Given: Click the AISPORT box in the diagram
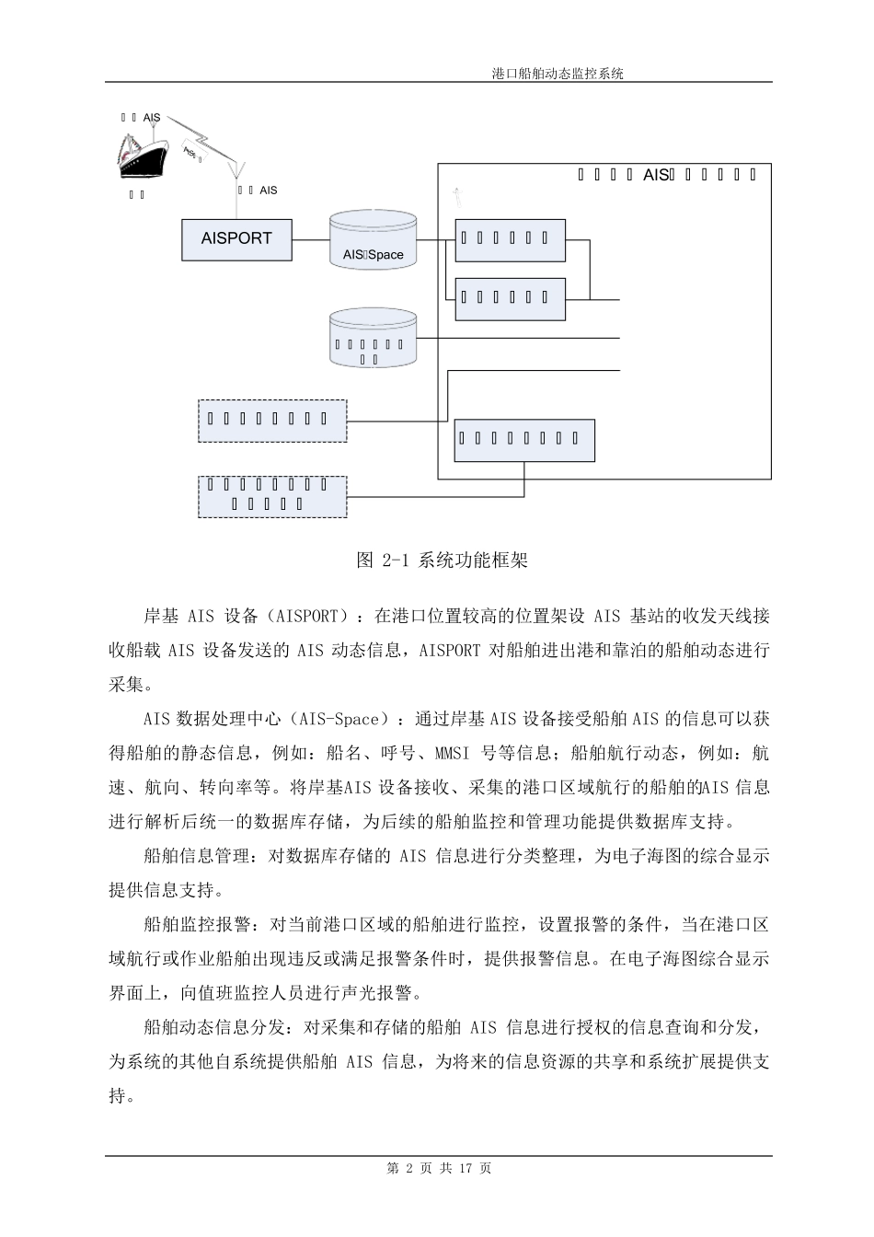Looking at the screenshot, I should tap(236, 238).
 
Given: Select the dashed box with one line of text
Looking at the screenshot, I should tap(272, 421).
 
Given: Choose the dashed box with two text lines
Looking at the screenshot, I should tap(272, 495).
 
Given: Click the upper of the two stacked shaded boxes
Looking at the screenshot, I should tap(510, 239).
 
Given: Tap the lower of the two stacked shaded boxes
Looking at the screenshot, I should tap(510, 297).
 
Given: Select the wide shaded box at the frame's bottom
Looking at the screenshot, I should tap(524, 439).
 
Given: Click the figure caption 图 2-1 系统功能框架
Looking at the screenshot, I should tap(442, 561).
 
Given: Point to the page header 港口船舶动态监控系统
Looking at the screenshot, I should tap(558, 74).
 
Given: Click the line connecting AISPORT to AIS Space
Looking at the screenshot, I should tap(311, 239).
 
